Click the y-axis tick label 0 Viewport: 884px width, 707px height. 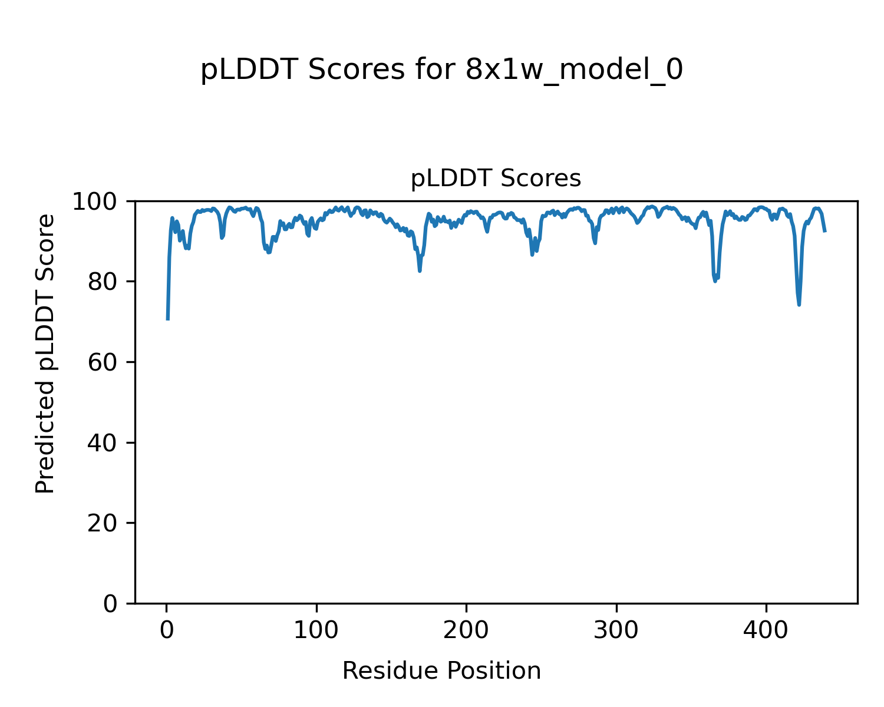[x=111, y=604]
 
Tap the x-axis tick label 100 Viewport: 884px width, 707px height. [x=316, y=630]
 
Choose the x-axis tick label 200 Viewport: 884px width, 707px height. [x=466, y=630]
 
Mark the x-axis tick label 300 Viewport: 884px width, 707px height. [x=616, y=630]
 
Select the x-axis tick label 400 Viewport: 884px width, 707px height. [x=766, y=630]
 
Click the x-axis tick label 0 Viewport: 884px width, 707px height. [x=167, y=630]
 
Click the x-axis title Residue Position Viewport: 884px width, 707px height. [x=441, y=671]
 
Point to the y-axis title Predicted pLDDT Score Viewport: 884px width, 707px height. [x=45, y=353]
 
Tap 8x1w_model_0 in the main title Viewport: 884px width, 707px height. [x=574, y=70]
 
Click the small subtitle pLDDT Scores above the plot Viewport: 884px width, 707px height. [x=496, y=179]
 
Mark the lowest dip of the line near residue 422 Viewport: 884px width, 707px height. [x=799, y=305]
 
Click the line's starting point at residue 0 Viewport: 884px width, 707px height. [x=168, y=319]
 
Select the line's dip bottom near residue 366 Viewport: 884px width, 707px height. [x=715, y=281]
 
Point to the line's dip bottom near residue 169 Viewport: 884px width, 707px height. [x=420, y=271]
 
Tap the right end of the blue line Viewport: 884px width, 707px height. [x=825, y=232]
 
